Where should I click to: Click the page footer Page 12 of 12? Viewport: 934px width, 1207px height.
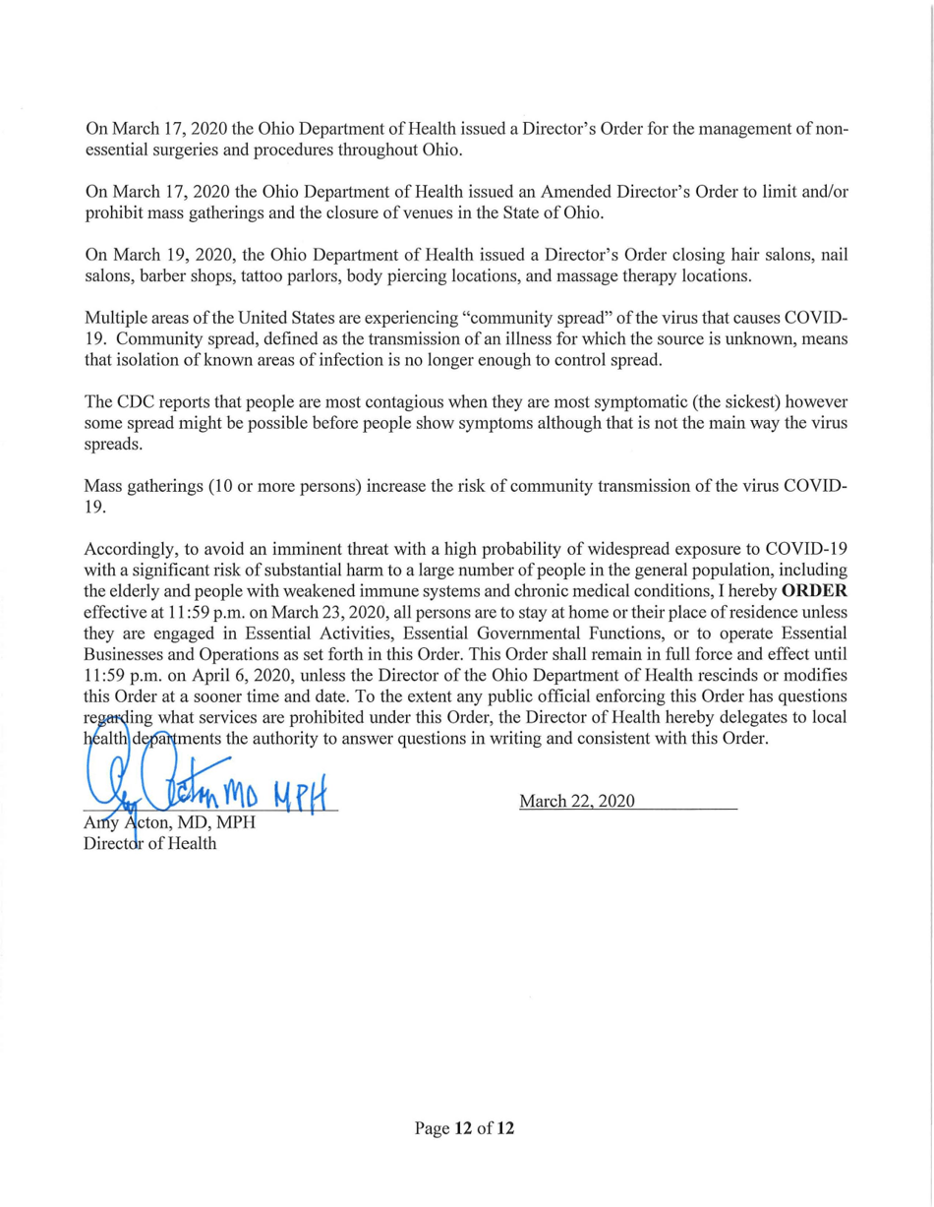tap(465, 1128)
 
